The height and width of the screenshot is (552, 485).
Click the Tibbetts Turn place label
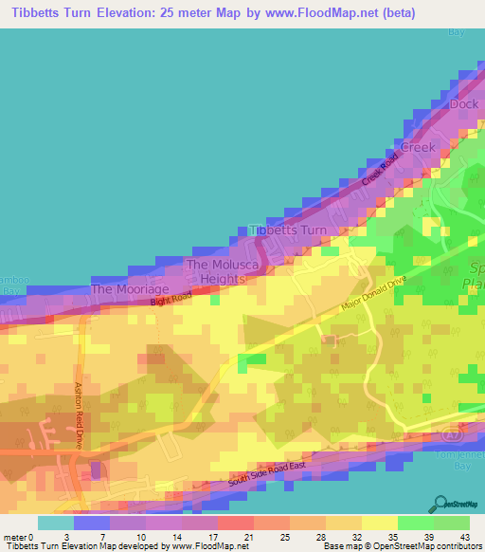(287, 230)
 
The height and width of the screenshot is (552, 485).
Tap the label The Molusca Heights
(216, 271)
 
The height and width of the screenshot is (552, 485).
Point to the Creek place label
(417, 147)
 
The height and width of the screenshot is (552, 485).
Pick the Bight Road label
(171, 301)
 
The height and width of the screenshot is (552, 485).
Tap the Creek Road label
(376, 165)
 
